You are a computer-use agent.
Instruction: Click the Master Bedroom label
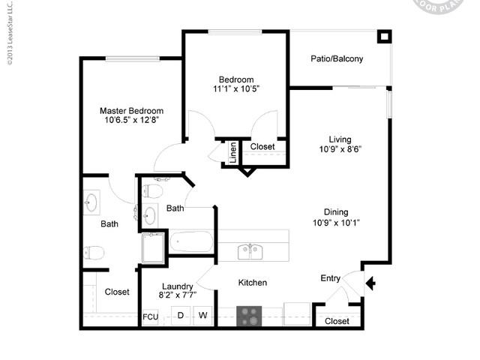(132, 111)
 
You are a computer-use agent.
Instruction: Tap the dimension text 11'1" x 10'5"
(236, 89)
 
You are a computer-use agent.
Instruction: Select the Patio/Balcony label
(337, 58)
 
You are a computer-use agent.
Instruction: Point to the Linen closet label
(233, 152)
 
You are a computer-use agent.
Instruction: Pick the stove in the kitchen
(250, 316)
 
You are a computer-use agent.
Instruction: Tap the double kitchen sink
(250, 251)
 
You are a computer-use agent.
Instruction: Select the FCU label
(150, 316)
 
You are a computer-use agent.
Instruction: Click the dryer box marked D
(181, 316)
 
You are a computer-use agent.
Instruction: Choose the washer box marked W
(202, 316)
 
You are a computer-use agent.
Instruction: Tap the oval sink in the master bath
(92, 201)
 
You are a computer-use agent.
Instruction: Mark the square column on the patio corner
(384, 36)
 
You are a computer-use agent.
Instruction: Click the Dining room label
(336, 212)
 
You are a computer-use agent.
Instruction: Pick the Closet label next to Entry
(337, 321)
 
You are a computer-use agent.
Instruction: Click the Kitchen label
(253, 283)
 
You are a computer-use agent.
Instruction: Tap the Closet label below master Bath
(117, 292)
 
